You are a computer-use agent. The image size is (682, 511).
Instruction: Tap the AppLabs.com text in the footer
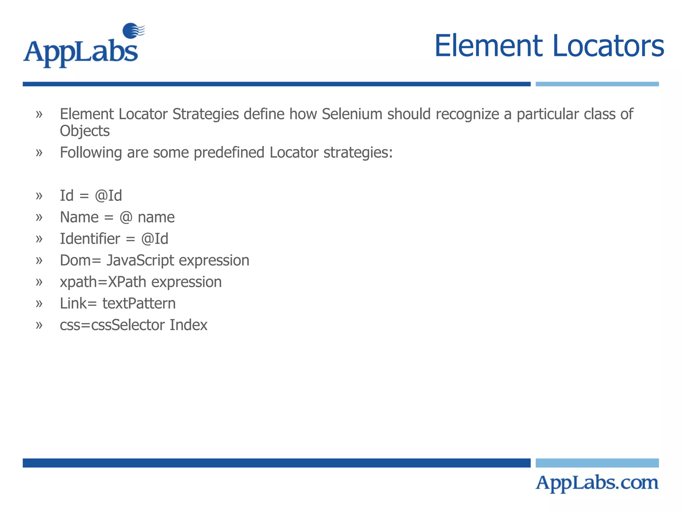click(597, 483)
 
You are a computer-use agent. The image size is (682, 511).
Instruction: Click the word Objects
click(85, 131)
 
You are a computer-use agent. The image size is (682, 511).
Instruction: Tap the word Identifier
click(90, 239)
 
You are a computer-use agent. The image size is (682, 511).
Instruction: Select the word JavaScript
click(140, 260)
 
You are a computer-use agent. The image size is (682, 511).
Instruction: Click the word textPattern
click(139, 303)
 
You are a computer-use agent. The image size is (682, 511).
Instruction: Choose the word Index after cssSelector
click(188, 325)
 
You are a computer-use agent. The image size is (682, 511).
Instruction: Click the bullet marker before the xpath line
click(39, 282)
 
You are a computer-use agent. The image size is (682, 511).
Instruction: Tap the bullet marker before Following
click(39, 153)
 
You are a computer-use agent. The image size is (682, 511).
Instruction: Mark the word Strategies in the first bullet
click(205, 114)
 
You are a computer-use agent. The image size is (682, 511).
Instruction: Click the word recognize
click(467, 114)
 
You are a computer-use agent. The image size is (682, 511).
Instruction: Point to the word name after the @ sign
click(156, 218)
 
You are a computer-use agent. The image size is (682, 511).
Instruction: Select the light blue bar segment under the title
click(597, 84)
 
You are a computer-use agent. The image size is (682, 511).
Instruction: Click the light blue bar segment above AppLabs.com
click(597, 463)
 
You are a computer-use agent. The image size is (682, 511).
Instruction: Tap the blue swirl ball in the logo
click(132, 31)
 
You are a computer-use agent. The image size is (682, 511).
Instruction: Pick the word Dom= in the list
click(80, 260)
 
